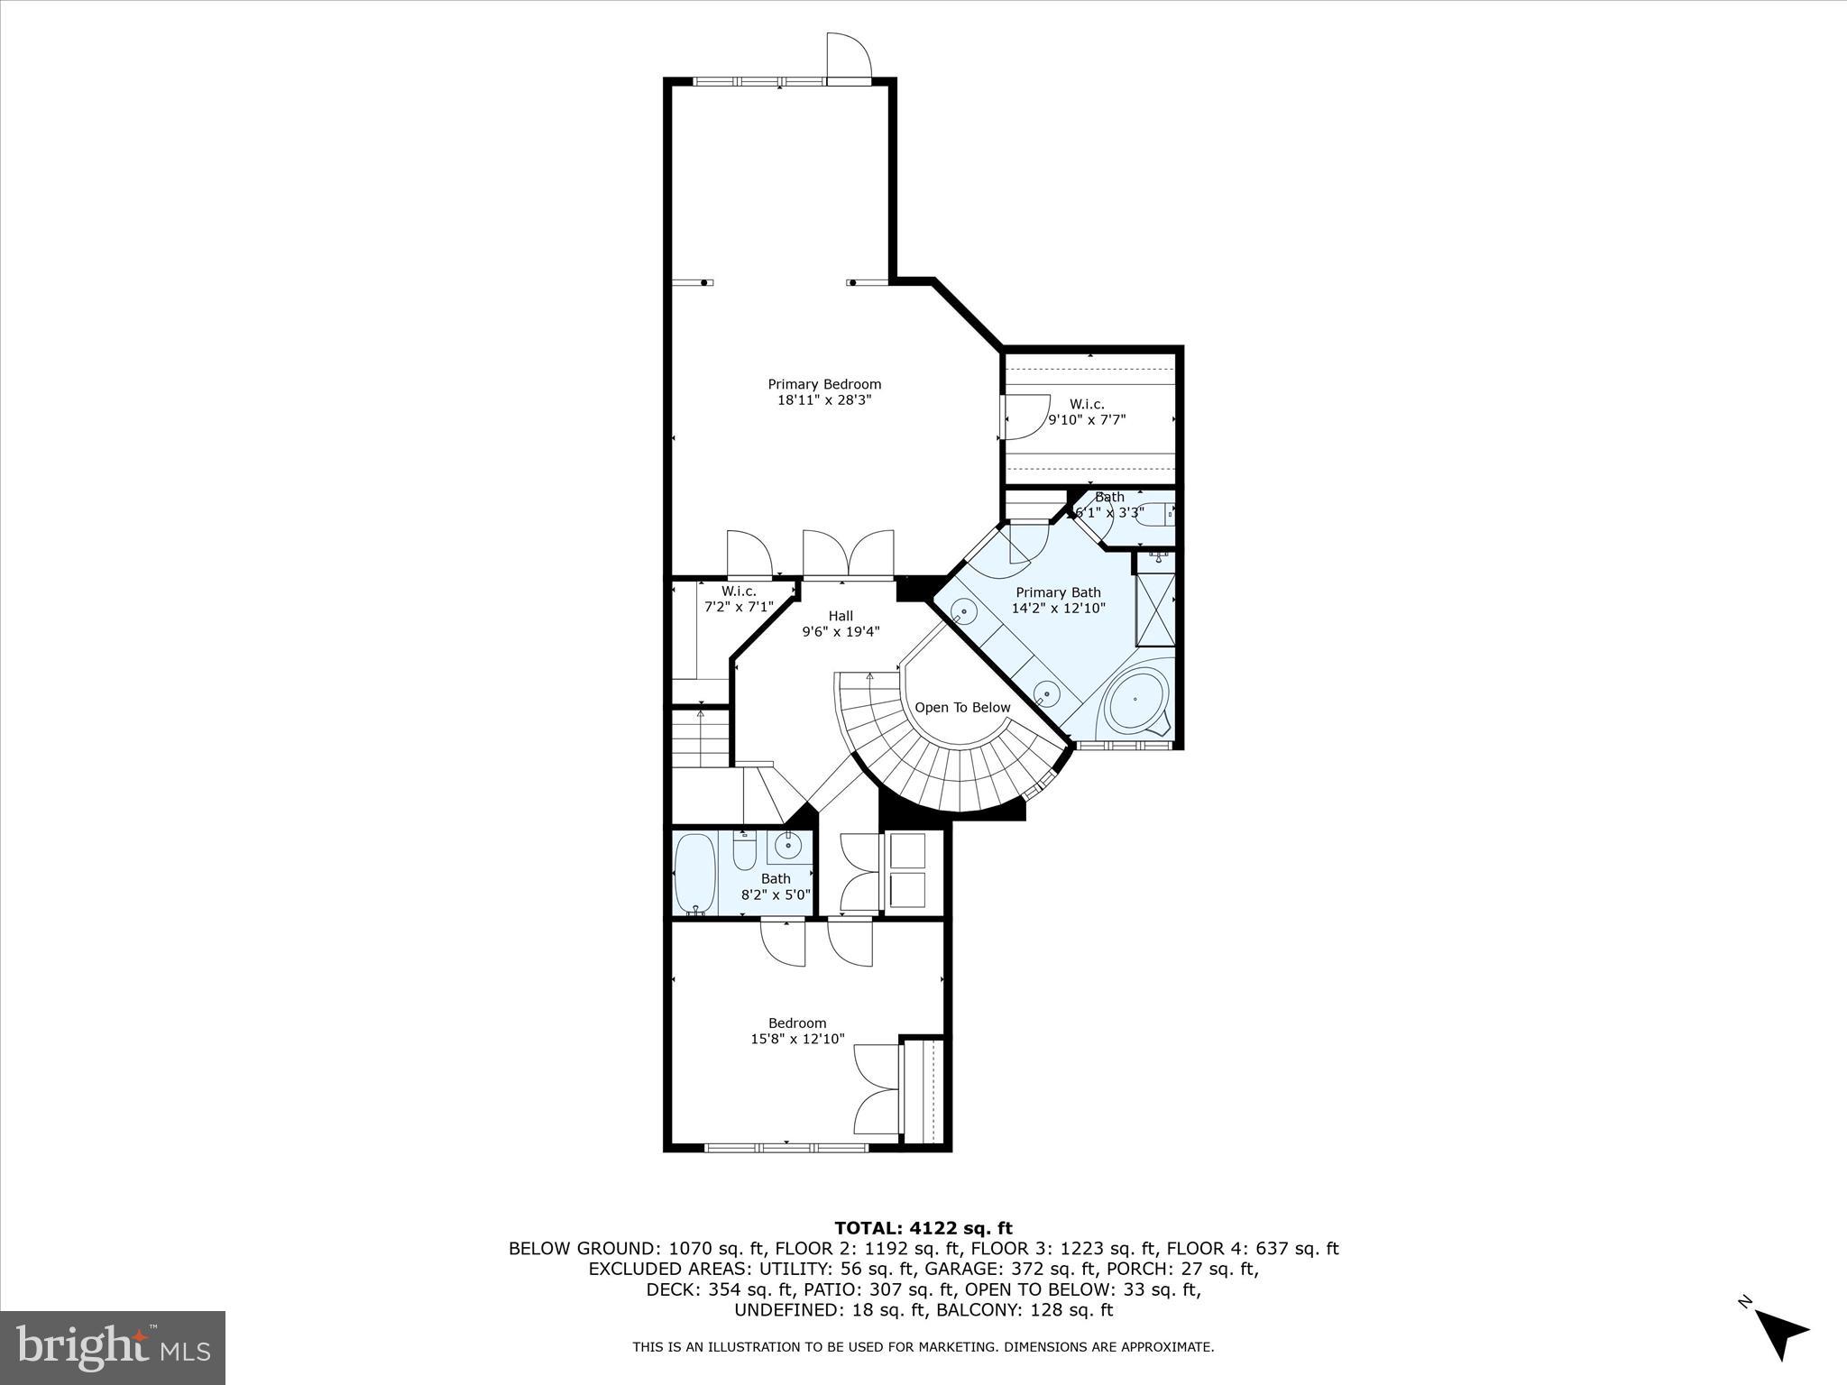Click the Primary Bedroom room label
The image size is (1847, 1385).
(824, 384)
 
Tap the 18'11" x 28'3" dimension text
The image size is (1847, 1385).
(824, 400)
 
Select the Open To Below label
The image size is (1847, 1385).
(962, 708)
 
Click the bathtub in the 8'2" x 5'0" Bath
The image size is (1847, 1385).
(694, 873)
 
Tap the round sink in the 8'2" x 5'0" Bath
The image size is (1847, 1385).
(786, 846)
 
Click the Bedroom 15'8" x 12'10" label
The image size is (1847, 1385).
(797, 1031)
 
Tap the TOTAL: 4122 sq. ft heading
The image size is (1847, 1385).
(923, 1228)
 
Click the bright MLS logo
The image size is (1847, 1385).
(113, 1348)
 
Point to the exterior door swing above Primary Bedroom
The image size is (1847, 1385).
(849, 56)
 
